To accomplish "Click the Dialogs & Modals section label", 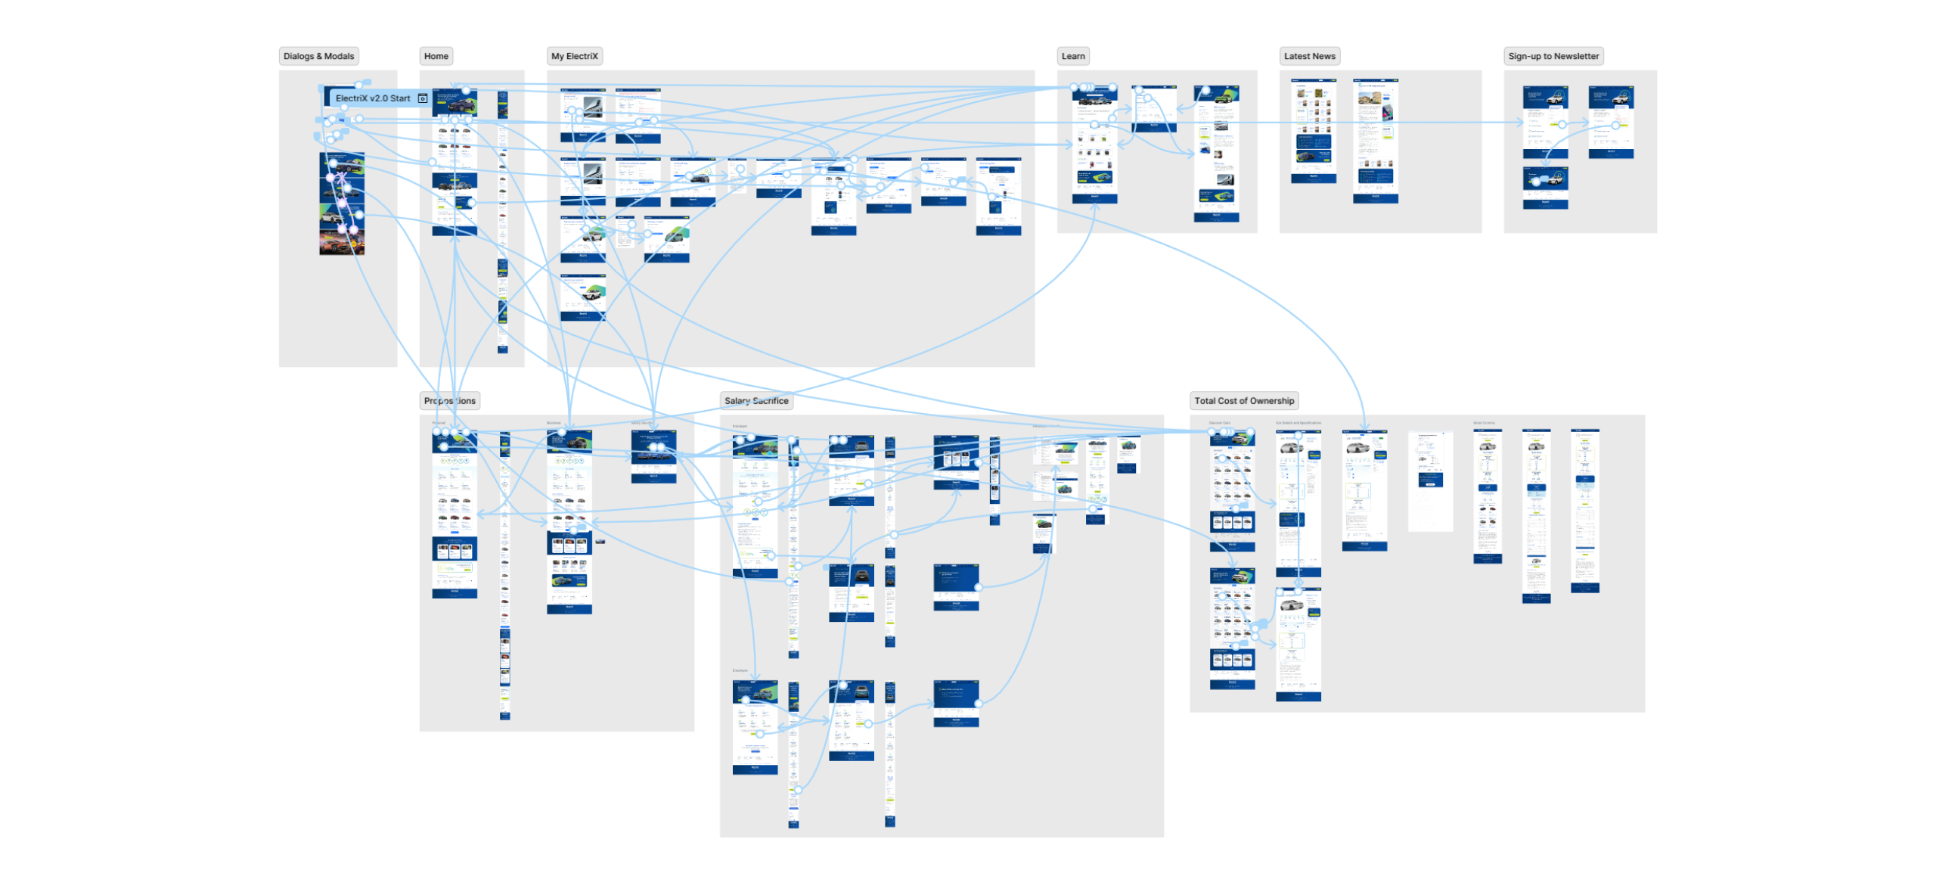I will tap(318, 56).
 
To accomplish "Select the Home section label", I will tap(436, 56).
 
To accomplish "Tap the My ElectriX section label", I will tap(574, 56).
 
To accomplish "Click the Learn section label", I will tap(1072, 56).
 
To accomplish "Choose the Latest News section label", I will tap(1309, 56).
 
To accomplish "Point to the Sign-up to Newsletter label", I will tap(1553, 56).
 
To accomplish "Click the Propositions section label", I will tap(450, 401).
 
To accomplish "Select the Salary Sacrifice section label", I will tap(755, 401).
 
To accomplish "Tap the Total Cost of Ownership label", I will tap(1243, 401).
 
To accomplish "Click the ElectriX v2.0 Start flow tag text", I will tap(372, 98).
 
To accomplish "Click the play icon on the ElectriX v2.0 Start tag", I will tap(423, 98).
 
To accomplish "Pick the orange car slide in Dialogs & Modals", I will tap(342, 243).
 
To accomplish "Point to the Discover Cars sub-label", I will tap(1219, 423).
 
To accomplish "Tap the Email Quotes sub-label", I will tap(1483, 423).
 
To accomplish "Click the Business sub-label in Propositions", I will tap(554, 423).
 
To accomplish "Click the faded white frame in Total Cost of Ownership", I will tap(1430, 481).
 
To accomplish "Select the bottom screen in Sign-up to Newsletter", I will tap(1544, 188).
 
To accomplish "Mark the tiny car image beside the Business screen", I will tap(600, 541).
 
